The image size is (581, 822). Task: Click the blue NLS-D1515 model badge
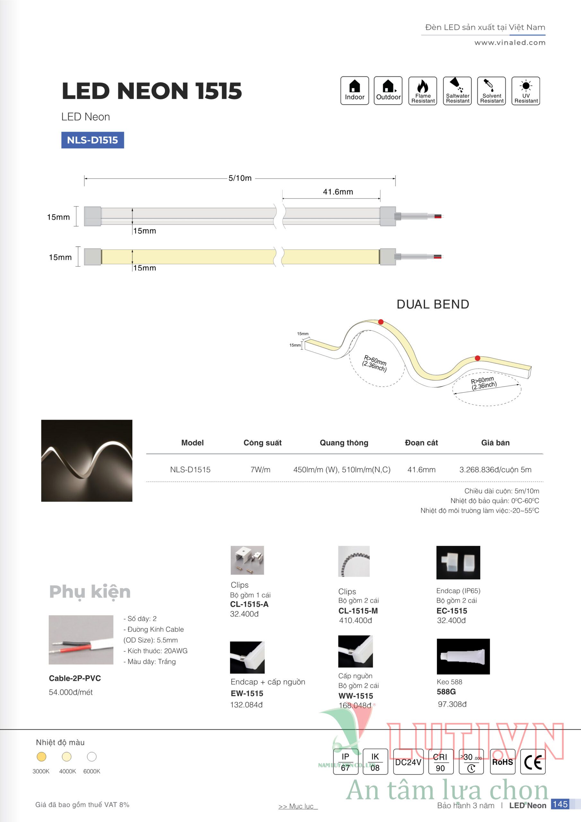click(x=92, y=140)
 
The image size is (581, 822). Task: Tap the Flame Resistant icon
click(x=422, y=91)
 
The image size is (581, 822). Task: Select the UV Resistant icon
click(x=525, y=91)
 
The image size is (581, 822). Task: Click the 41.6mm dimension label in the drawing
click(x=338, y=192)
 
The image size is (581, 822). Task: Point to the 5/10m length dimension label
click(x=240, y=178)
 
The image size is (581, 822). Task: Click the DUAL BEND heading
click(x=432, y=304)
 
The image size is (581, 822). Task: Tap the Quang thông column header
click(x=344, y=442)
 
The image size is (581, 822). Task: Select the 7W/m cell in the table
click(x=260, y=469)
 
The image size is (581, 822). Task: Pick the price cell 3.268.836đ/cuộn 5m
click(x=495, y=469)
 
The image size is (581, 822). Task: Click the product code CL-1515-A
click(x=249, y=604)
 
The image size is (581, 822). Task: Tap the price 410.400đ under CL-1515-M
click(x=355, y=620)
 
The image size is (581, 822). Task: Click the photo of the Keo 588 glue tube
click(x=463, y=656)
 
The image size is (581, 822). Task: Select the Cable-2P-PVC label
click(x=75, y=678)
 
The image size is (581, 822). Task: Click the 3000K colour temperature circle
click(x=41, y=756)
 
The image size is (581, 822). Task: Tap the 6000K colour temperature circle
click(x=91, y=756)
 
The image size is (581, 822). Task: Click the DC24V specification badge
click(x=408, y=762)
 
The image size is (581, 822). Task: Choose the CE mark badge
click(x=532, y=762)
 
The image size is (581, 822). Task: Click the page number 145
click(x=560, y=804)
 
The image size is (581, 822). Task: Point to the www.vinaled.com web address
click(x=510, y=43)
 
